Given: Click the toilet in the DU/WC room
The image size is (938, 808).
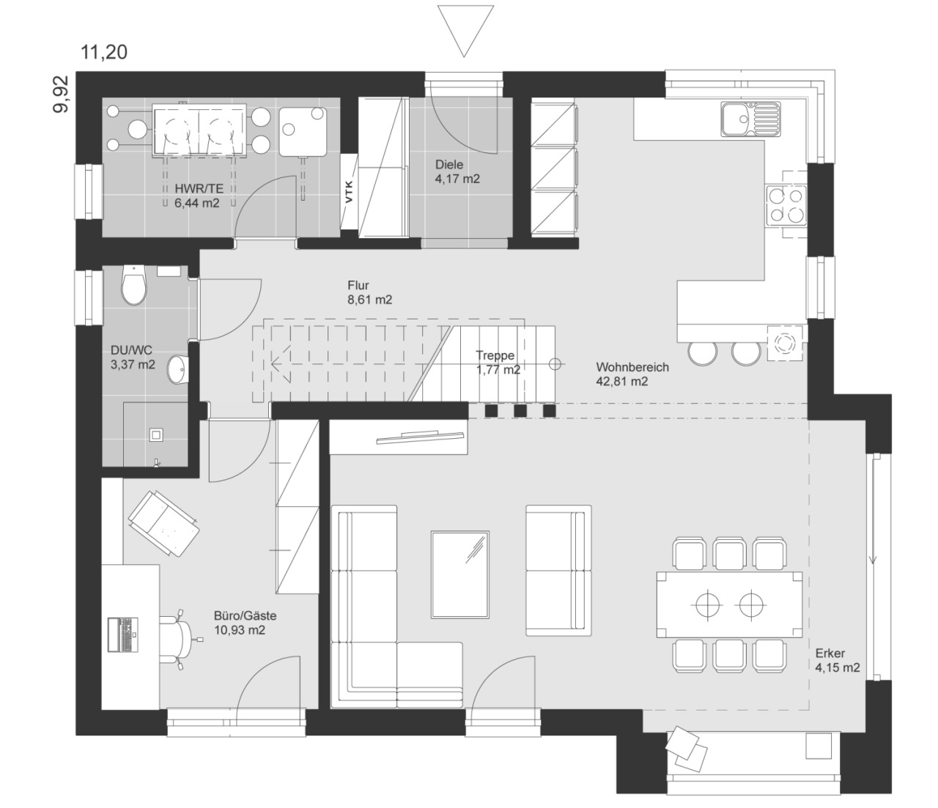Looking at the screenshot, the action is [134, 285].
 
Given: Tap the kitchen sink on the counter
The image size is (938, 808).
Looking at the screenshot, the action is [751, 119].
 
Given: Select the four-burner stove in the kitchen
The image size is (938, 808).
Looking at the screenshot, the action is [786, 206].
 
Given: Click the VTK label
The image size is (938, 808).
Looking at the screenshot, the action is [349, 191].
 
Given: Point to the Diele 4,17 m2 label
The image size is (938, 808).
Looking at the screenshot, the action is [457, 171].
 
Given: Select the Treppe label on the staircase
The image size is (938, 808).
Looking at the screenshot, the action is [495, 355].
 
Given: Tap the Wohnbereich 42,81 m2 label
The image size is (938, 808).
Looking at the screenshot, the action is [632, 374].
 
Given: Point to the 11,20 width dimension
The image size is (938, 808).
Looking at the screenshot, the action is [104, 52].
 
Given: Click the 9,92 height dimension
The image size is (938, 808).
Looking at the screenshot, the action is [60, 94].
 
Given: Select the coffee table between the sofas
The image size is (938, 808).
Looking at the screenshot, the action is [460, 574].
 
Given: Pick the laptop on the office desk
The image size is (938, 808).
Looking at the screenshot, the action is [123, 634].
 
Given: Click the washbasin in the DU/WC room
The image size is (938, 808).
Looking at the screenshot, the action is [177, 369].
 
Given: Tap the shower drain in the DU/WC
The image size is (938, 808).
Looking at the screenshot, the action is [155, 434].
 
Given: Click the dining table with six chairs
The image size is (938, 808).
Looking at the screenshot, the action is [729, 604].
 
